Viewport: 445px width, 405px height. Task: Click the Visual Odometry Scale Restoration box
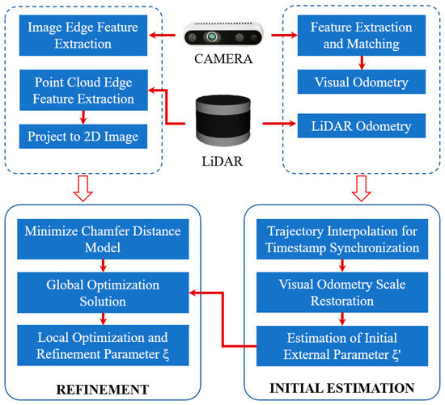342,289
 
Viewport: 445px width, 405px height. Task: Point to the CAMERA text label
222,57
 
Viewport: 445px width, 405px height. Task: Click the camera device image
222,37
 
